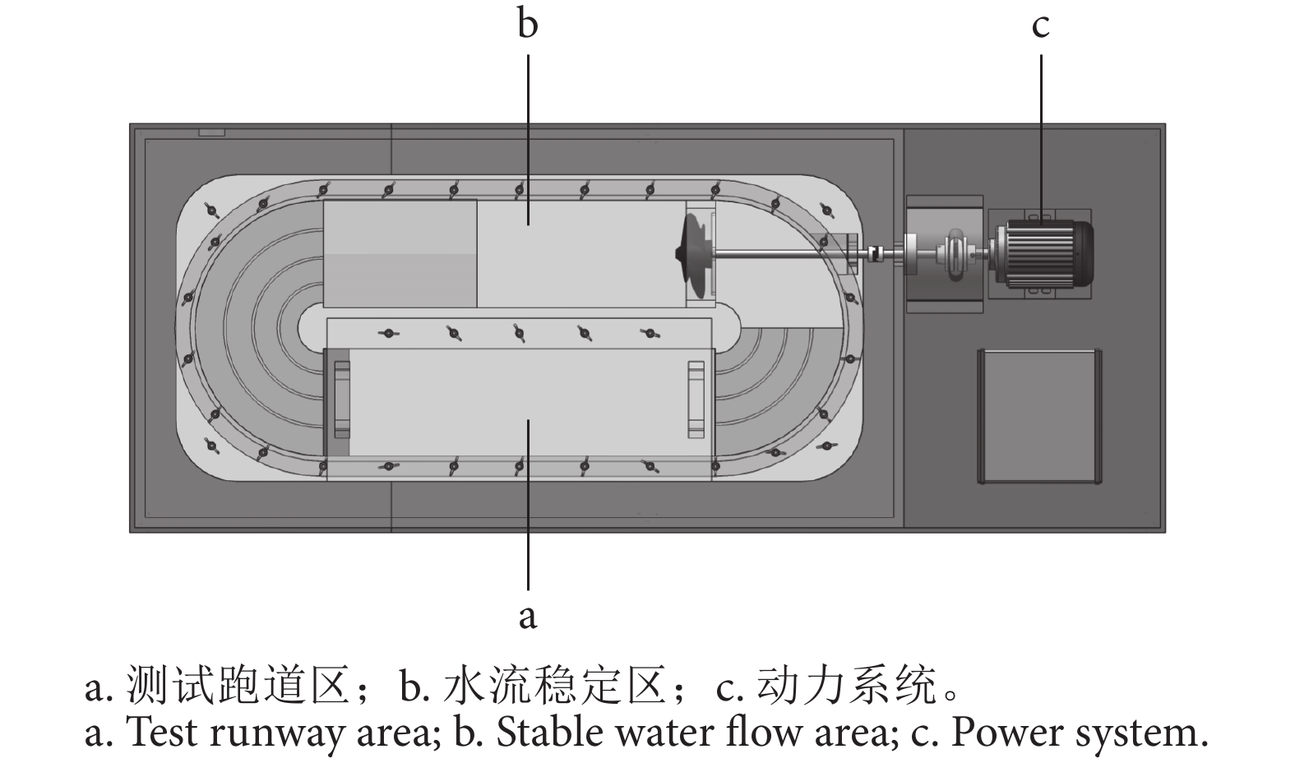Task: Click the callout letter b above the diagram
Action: tap(527, 24)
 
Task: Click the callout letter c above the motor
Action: tap(1040, 25)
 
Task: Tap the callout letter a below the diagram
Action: tap(527, 614)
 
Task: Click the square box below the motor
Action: tap(1039, 416)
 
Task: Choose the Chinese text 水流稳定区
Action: tap(553, 687)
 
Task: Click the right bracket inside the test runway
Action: tap(696, 400)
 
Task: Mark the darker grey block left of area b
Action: tap(400, 253)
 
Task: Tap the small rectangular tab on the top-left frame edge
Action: tap(211, 132)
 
